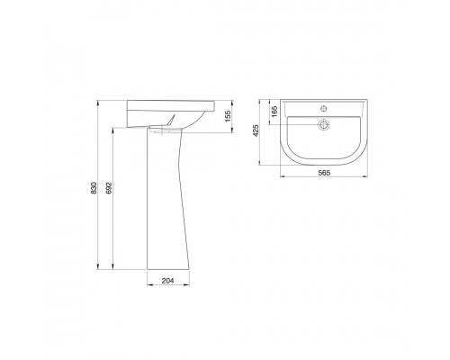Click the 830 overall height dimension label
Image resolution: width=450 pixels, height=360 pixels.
(x=94, y=187)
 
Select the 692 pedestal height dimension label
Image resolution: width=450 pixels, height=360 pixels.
(x=109, y=187)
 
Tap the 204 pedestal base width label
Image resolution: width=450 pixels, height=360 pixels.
(x=167, y=281)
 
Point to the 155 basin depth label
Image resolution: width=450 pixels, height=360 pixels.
(x=228, y=116)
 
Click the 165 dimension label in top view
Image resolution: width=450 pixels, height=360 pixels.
(x=274, y=112)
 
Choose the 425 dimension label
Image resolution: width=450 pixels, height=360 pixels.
(x=256, y=130)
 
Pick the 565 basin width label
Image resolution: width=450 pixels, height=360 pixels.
(x=324, y=173)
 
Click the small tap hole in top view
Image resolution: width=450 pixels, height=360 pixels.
(x=324, y=108)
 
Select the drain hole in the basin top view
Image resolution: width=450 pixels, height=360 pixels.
(x=323, y=124)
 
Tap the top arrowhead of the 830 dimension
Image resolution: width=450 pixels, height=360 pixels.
(x=98, y=103)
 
